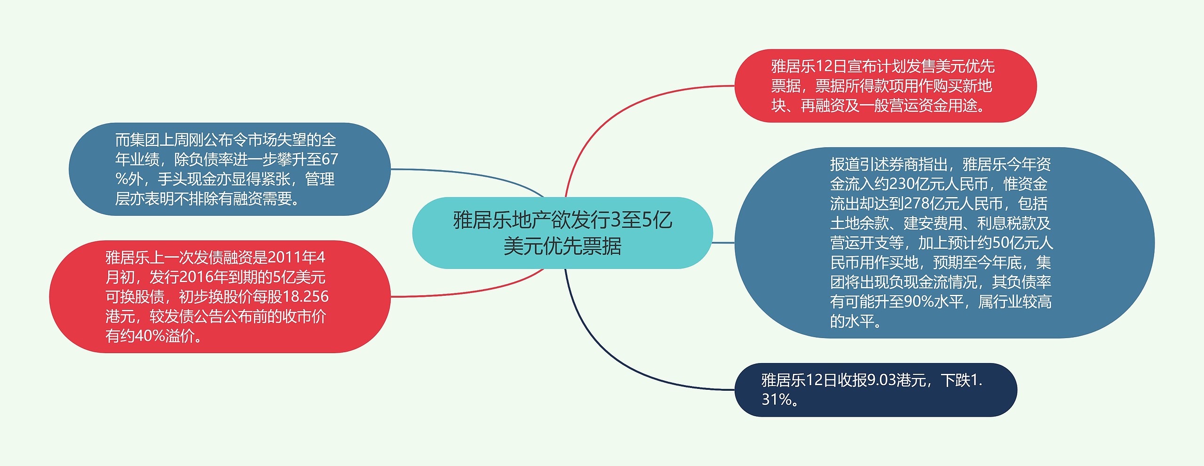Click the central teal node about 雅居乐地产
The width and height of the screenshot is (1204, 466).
tap(562, 233)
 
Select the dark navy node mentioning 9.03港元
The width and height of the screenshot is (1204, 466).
tap(876, 390)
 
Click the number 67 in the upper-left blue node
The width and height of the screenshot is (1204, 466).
tap(330, 159)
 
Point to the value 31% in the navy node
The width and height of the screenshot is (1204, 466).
tap(776, 399)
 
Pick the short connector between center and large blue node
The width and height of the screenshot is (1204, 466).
tap(723, 243)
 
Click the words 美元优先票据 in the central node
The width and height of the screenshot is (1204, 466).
tap(562, 246)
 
